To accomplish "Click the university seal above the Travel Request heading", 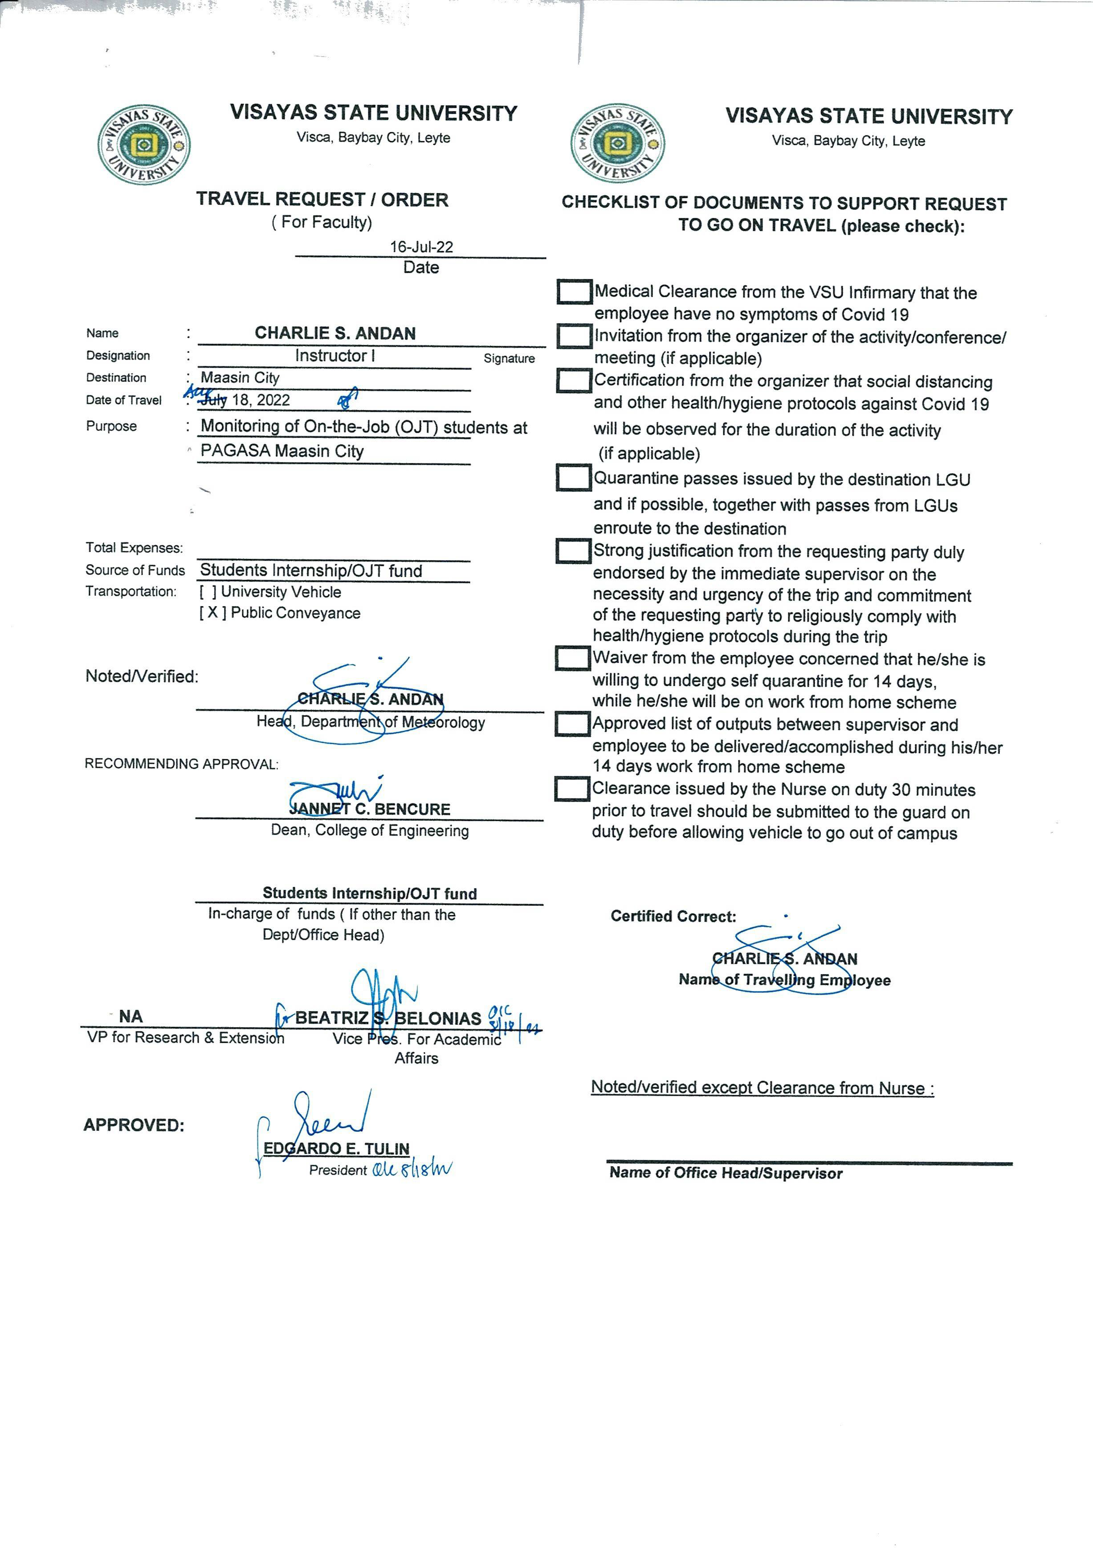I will pos(144,145).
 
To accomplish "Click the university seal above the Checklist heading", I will pos(617,143).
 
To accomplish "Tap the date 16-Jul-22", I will pos(421,247).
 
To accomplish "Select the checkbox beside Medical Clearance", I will pos(574,292).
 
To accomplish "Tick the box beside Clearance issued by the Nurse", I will pos(571,789).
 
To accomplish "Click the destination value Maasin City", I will pos(240,377).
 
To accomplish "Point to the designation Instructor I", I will pos(334,356).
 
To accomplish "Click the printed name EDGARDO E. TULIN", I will pos(336,1148).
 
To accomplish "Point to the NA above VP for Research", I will pos(131,1017).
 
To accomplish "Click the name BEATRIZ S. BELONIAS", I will pos(388,1018).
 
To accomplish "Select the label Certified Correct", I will pos(673,917).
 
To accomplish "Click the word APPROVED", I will pos(134,1126).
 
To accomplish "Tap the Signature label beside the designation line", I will pos(509,358).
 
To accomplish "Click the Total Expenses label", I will pos(134,548).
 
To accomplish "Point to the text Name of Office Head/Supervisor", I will pos(726,1173).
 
